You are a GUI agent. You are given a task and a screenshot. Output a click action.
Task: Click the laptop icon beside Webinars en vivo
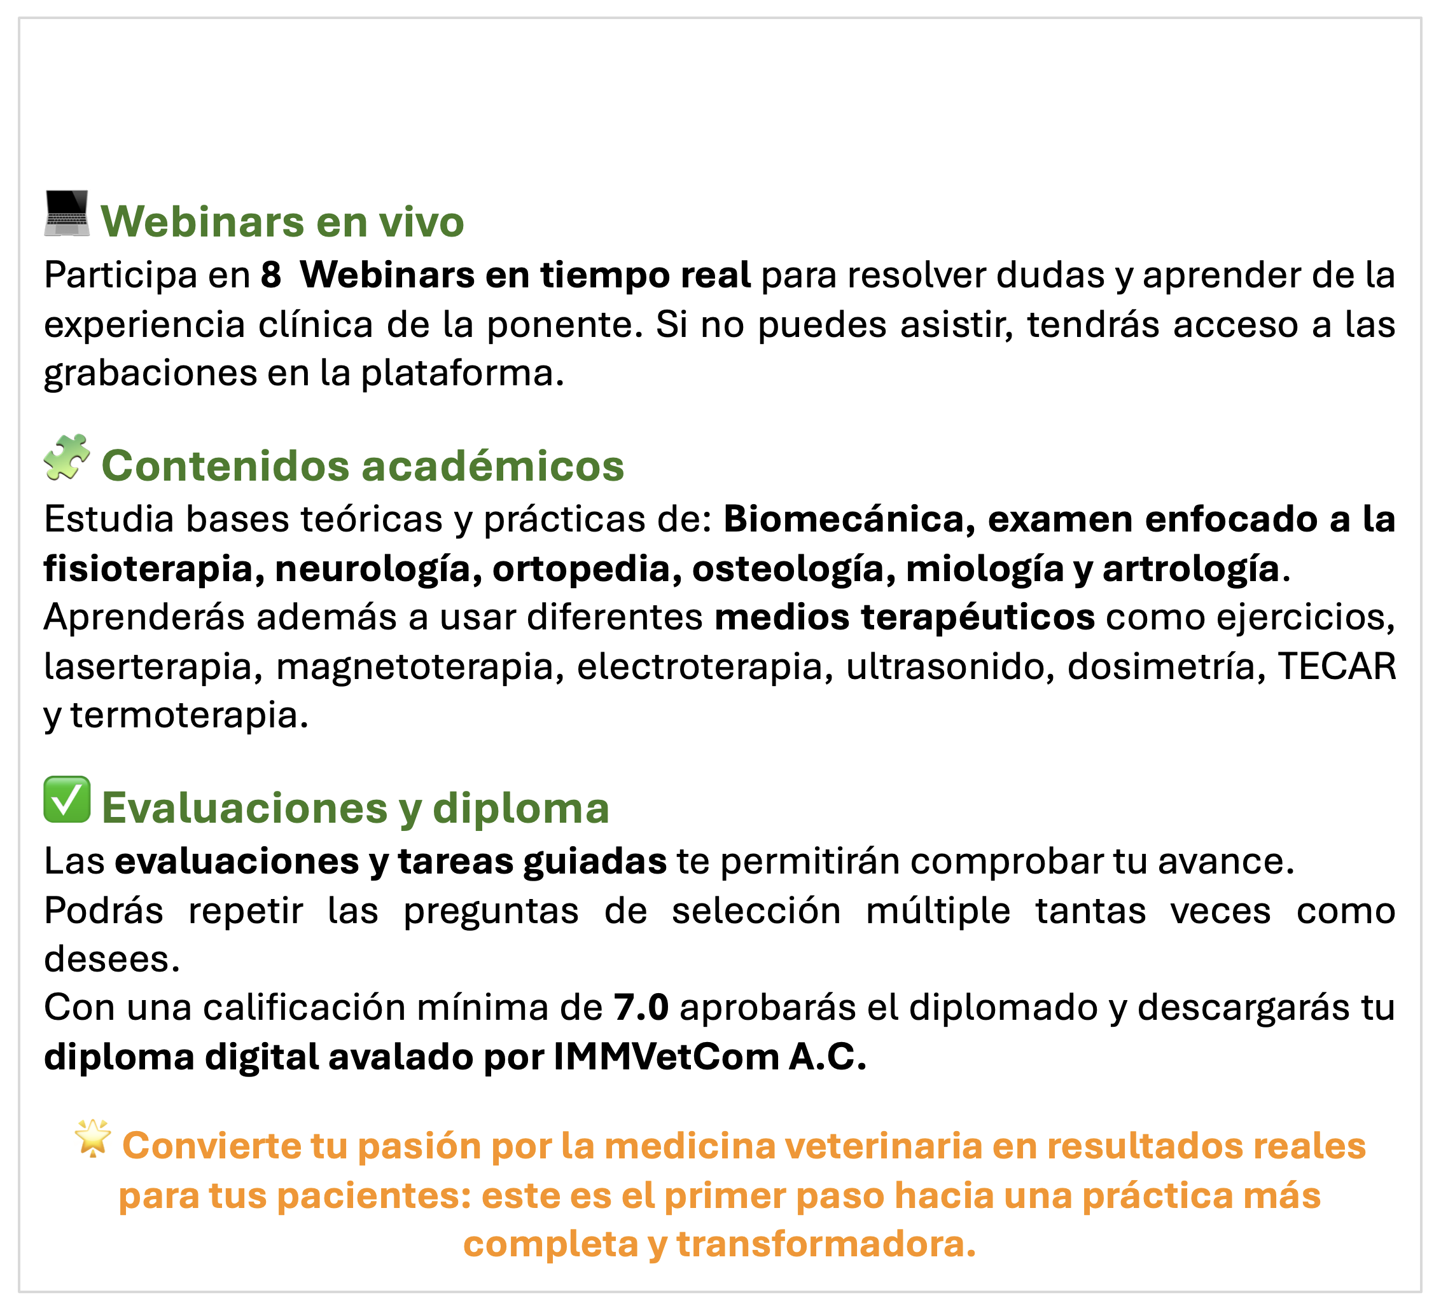(x=67, y=212)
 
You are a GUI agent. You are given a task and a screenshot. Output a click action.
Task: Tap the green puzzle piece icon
(x=67, y=456)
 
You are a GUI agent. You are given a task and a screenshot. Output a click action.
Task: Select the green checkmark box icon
(x=67, y=800)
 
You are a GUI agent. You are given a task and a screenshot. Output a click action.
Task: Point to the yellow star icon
(x=93, y=1137)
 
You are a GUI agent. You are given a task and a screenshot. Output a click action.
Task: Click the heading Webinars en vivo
(x=282, y=221)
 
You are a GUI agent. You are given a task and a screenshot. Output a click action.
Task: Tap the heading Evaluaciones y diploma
(x=356, y=808)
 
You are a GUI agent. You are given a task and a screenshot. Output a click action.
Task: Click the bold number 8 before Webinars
(x=271, y=275)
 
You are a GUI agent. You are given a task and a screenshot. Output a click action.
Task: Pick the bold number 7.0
(x=641, y=1008)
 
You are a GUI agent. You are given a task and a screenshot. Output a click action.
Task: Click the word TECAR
(x=1337, y=666)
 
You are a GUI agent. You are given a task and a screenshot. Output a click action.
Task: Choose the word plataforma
(x=463, y=373)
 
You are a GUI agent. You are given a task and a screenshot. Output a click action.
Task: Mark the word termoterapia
(x=189, y=715)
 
